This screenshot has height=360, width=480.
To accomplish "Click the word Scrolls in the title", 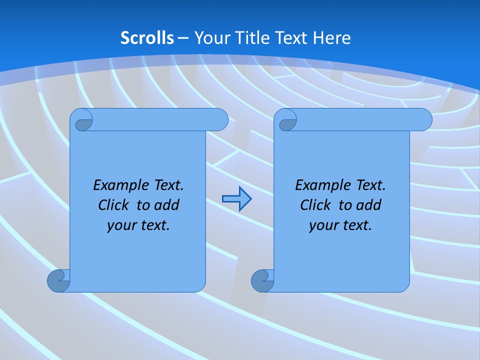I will point(147,38).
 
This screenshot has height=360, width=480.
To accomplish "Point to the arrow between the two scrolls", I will point(236,199).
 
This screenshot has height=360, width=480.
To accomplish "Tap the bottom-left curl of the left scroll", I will point(58,280).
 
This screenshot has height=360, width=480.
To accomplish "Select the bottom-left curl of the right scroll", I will point(262,280).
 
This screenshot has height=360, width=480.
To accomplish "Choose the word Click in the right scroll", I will point(315,205).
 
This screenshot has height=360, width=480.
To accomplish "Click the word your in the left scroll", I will point(120,225).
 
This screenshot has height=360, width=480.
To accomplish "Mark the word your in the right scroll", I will point(322,225).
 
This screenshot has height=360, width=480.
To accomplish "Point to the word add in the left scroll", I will point(167,205).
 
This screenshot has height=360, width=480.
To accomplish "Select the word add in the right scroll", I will point(369,205).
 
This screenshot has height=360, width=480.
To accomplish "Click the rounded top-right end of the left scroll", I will point(220,120).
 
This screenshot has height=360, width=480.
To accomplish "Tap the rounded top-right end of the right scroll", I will point(424,120).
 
